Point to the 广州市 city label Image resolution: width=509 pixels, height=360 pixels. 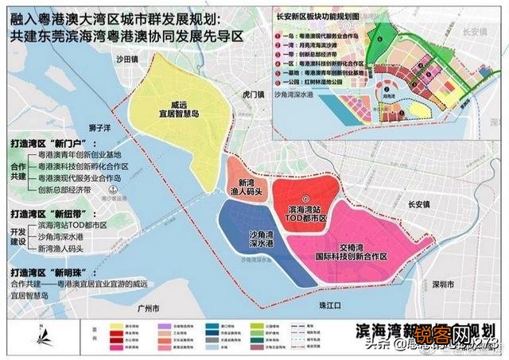pyautogui.click(x=148, y=306)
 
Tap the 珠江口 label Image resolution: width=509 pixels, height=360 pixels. pyautogui.click(x=326, y=305)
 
